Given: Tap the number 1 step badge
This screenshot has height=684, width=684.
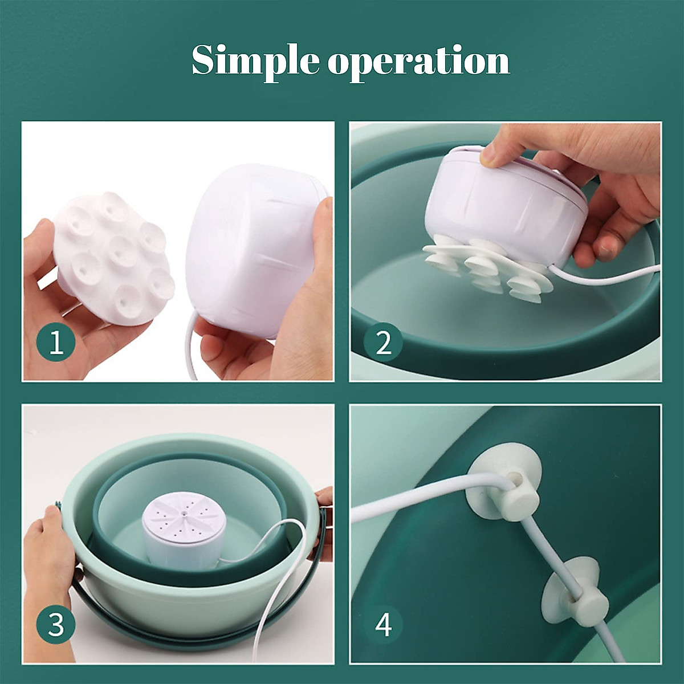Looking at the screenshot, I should [56, 343].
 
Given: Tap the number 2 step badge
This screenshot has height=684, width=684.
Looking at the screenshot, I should [384, 343].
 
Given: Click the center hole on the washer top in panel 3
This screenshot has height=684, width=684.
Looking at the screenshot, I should [184, 512].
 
